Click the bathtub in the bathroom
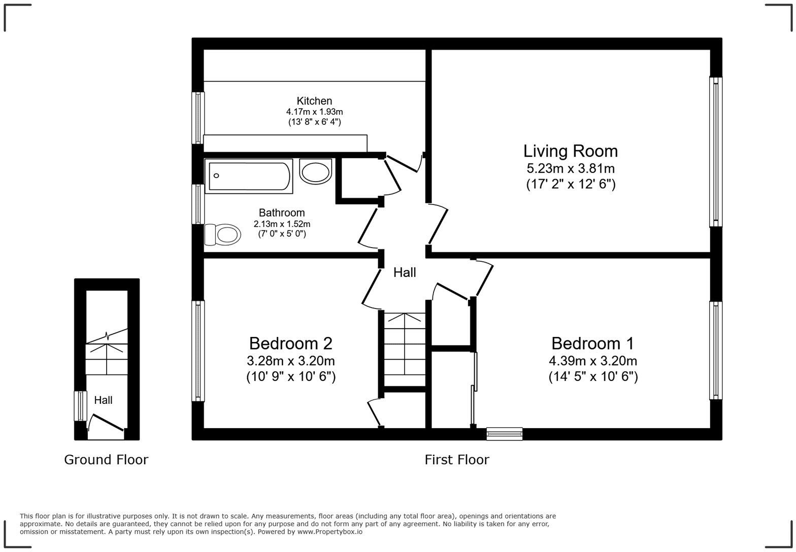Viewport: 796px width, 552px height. point(249,176)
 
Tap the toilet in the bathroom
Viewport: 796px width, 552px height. point(223,234)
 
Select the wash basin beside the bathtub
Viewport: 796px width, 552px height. point(315,171)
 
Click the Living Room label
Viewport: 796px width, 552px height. point(570,151)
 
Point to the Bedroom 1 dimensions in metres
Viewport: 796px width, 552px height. point(592,361)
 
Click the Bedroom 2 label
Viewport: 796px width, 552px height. point(290,343)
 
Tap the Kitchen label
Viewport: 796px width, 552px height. point(314,101)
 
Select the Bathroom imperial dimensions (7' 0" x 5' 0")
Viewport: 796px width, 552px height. point(282,234)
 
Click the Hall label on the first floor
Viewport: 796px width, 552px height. point(405,272)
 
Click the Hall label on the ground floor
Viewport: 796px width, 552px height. point(103,400)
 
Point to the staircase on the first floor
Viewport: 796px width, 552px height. point(404,350)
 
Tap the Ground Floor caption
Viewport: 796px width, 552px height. point(106,460)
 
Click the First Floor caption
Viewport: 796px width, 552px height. point(456,460)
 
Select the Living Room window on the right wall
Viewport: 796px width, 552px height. point(715,152)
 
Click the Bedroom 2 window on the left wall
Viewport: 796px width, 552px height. point(198,351)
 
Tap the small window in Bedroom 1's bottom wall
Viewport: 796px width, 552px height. point(504,433)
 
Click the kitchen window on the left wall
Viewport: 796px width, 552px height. point(198,118)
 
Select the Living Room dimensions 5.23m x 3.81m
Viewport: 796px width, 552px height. point(570,168)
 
